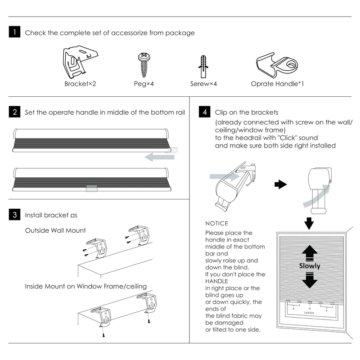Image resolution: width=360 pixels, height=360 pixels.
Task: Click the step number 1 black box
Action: pyautogui.click(x=15, y=32)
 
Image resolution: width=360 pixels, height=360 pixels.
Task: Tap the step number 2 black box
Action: pyautogui.click(x=15, y=112)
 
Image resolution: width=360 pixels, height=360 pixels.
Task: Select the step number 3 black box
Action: pyautogui.click(x=15, y=215)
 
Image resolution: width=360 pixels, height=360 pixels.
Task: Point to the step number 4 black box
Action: pyautogui.click(x=205, y=112)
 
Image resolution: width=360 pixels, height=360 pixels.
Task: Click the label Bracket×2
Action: pyautogui.click(x=80, y=83)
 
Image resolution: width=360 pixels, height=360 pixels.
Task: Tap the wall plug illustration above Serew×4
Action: pyautogui.click(x=203, y=67)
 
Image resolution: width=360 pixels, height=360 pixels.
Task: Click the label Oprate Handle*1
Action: pyautogui.click(x=277, y=83)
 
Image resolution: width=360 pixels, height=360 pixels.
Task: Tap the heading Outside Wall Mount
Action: pyautogui.click(x=55, y=230)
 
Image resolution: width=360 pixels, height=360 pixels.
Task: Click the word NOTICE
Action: pyautogui.click(x=216, y=223)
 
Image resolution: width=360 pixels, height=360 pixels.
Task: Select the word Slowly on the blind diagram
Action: pyautogui.click(x=310, y=266)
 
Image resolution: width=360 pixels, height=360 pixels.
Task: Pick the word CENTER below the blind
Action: pyautogui.click(x=309, y=312)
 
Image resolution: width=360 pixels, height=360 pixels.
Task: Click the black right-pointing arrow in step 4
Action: pyautogui.click(x=281, y=184)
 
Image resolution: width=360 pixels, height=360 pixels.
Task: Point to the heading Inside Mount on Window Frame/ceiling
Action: pyautogui.click(x=85, y=286)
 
